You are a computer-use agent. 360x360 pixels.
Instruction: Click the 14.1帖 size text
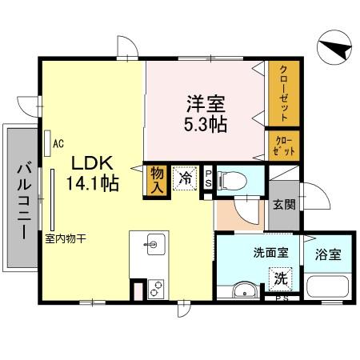[94, 183]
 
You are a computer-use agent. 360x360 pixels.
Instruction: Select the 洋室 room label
[206, 104]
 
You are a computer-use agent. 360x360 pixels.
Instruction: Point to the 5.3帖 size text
[206, 124]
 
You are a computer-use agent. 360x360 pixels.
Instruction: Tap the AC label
[58, 144]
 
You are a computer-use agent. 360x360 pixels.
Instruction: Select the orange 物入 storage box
[158, 179]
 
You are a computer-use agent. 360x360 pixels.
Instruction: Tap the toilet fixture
[231, 179]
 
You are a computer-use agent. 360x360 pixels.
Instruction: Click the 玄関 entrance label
[283, 204]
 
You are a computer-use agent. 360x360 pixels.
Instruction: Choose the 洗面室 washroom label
[270, 254]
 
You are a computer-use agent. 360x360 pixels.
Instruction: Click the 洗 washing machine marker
[280, 278]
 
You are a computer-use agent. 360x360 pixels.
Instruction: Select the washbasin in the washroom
[243, 290]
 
